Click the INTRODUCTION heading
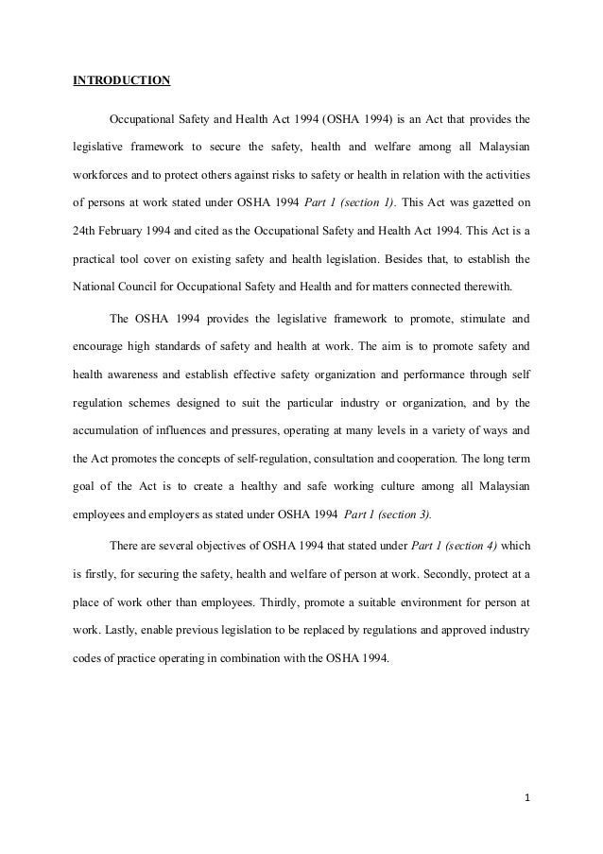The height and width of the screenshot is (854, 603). click(x=122, y=80)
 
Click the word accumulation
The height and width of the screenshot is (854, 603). click(x=110, y=428)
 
